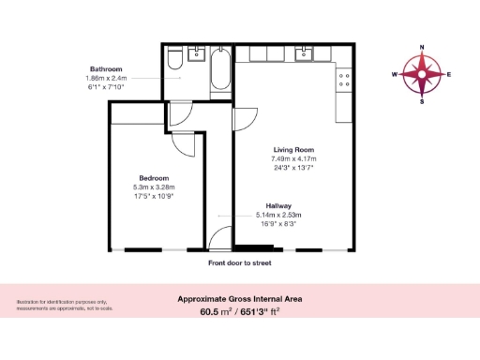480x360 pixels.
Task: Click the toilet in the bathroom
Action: pos(174,63)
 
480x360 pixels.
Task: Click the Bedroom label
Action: pos(153,178)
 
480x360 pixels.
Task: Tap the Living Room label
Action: pos(292,150)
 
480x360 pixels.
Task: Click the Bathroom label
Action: pos(107,69)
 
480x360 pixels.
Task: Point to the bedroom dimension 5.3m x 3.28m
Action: pos(154,187)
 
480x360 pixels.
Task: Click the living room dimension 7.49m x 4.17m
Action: pos(293,159)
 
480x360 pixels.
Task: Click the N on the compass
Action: pos(423,47)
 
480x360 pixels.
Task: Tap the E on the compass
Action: pos(450,74)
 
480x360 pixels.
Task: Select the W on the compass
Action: pos(395,74)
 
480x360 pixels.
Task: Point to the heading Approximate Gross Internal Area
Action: pos(240,299)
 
